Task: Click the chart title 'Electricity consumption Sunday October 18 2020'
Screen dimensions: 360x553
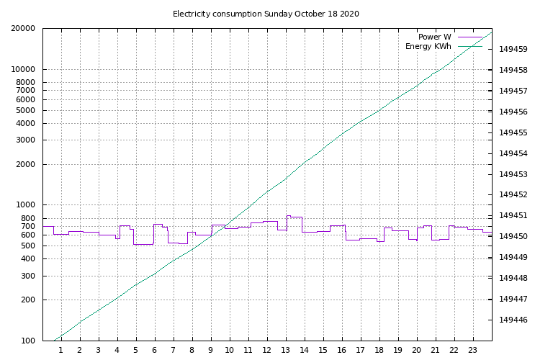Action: [266, 14]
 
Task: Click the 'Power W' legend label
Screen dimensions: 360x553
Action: [434, 37]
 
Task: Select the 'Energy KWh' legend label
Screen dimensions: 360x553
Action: [428, 47]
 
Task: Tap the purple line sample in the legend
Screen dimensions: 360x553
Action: [469, 37]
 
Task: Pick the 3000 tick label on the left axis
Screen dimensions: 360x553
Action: [27, 140]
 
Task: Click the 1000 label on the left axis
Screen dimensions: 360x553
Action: [27, 205]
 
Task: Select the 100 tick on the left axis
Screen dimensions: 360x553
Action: [30, 341]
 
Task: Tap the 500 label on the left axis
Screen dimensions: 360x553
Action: [30, 246]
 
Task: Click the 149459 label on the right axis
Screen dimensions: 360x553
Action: [513, 50]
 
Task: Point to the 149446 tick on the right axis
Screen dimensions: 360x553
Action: [513, 320]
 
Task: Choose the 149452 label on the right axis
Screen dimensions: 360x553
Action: [513, 195]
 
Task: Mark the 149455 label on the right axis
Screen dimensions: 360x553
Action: [513, 133]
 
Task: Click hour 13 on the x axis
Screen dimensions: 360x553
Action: [286, 351]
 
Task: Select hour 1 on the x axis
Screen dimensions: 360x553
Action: [61, 351]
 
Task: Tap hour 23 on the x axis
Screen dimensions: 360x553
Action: [473, 351]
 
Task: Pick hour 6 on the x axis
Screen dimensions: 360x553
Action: [155, 351]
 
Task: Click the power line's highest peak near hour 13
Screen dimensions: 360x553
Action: [288, 215]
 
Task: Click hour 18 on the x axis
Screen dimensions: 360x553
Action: [379, 351]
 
